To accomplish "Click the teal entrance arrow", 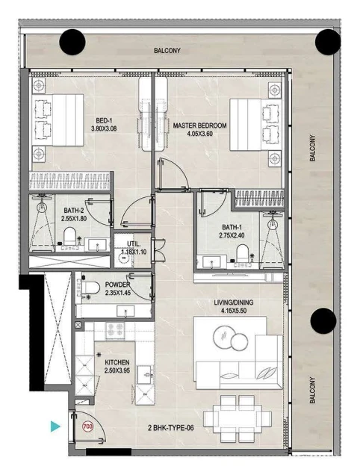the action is (x=55, y=426).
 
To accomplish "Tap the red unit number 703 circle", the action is (x=88, y=426).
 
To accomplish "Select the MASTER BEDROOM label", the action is (x=199, y=125).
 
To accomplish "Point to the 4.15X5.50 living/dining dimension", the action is (x=234, y=311).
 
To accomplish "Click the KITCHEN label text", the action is (x=117, y=362).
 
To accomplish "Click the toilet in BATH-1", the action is (x=243, y=253).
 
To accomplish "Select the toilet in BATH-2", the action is (x=69, y=236).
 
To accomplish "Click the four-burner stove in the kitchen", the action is (x=115, y=329).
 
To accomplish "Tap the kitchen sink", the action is (x=146, y=375).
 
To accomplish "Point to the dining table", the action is (x=238, y=418).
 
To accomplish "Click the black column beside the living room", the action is (x=323, y=321).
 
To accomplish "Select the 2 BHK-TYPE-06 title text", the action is (x=170, y=428).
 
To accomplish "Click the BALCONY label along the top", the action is (x=167, y=50).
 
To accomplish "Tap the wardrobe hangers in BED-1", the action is (x=69, y=181).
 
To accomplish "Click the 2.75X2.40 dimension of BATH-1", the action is (x=232, y=235).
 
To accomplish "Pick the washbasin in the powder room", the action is (x=125, y=311).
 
